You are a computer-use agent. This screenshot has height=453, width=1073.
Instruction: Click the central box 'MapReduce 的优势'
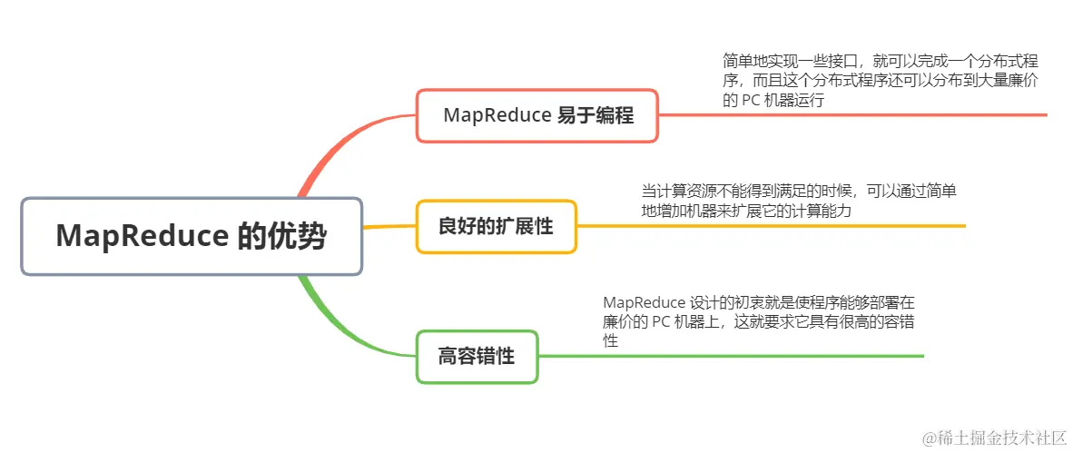tap(192, 236)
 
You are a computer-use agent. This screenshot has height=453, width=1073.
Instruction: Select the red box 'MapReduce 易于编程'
tap(536, 115)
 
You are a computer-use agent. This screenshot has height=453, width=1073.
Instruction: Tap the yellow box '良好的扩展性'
tap(496, 226)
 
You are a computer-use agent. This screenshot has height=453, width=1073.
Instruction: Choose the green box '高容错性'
tap(477, 356)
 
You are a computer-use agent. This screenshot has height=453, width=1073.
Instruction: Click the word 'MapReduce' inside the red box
tap(497, 115)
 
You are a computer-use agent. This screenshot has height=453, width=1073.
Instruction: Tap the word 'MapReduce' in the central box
tap(141, 236)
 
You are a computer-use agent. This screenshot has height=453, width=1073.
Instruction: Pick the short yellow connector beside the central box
tap(389, 226)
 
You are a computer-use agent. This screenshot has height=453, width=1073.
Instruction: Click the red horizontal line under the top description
tap(853, 115)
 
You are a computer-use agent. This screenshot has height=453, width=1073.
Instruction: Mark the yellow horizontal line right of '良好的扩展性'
tap(772, 226)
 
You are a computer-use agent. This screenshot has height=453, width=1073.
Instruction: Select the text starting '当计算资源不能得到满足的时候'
tap(799, 192)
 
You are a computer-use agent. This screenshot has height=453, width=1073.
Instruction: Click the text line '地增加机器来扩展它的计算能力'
tap(746, 211)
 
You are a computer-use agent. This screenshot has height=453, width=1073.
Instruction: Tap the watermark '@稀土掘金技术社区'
tap(993, 438)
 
